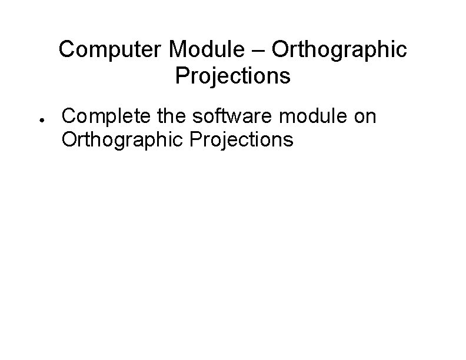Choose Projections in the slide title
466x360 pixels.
pyautogui.click(x=233, y=76)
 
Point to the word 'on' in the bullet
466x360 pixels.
pyautogui.click(x=365, y=116)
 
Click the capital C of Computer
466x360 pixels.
pyautogui.click(x=67, y=50)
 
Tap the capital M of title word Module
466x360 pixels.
pyautogui.click(x=175, y=50)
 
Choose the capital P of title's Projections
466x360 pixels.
pyautogui.click(x=181, y=76)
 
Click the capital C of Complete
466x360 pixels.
pyautogui.click(x=69, y=116)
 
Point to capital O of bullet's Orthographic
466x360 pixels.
pyautogui.click(x=69, y=139)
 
